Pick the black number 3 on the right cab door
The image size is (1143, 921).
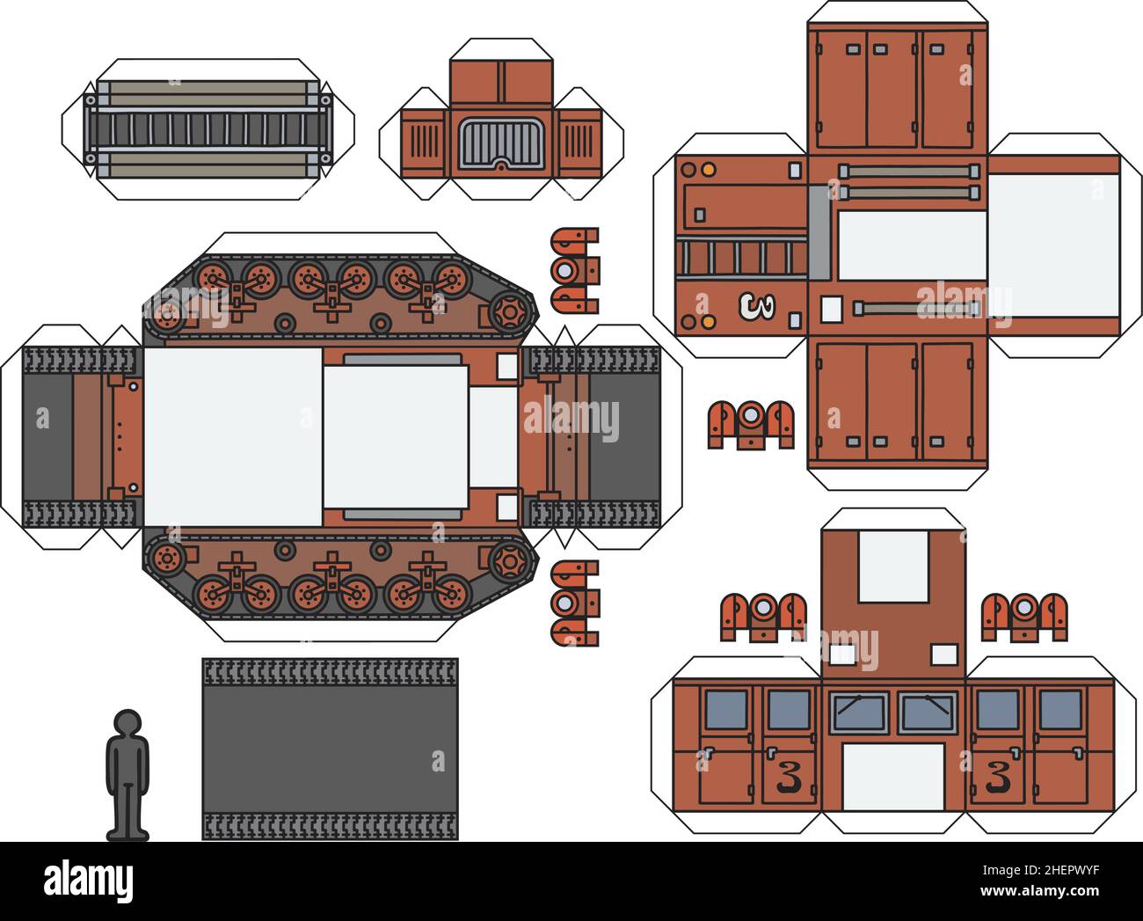click(x=997, y=777)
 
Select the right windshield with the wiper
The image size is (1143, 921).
click(x=928, y=712)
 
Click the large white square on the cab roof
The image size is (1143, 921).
click(x=892, y=566)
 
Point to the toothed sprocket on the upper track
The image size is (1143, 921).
click(x=509, y=311)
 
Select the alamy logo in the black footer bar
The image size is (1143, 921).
click(x=88, y=881)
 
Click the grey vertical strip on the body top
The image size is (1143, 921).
click(x=818, y=232)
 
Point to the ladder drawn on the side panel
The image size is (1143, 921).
click(x=742, y=257)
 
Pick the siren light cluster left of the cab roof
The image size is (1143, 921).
click(x=763, y=616)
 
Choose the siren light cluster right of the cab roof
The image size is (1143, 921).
click(x=1024, y=616)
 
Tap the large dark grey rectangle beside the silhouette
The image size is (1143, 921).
click(x=330, y=749)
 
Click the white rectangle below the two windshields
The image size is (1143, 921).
click(x=892, y=777)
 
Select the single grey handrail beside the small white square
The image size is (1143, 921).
click(x=915, y=308)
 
